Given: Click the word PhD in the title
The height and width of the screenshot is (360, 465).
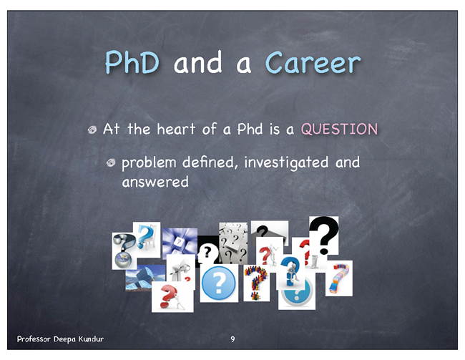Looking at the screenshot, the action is (x=132, y=62).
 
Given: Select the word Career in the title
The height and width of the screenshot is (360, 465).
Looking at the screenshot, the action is (x=313, y=62).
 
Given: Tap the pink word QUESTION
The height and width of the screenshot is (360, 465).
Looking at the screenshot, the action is (x=339, y=129).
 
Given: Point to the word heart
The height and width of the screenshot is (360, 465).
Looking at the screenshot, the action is (x=176, y=129).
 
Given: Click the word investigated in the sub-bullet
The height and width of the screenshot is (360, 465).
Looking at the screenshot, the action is (x=286, y=162).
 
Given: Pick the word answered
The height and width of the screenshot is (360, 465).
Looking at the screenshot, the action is (x=155, y=182).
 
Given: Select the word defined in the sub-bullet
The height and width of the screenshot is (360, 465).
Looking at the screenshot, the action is (x=210, y=162).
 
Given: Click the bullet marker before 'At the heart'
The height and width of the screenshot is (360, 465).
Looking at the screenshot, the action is (x=92, y=130).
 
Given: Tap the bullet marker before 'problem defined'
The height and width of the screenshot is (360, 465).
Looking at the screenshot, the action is (x=111, y=162).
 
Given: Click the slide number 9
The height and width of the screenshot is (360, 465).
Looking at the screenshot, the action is (x=232, y=339).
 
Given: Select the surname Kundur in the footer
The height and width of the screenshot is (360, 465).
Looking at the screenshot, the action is (x=91, y=339).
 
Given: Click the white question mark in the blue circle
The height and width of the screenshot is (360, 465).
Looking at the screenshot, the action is (x=219, y=282).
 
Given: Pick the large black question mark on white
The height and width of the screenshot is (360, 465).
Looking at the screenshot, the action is (x=324, y=235).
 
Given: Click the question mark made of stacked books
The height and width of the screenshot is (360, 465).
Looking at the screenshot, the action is (x=339, y=278).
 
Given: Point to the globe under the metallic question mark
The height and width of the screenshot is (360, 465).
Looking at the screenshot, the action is (x=123, y=259).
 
